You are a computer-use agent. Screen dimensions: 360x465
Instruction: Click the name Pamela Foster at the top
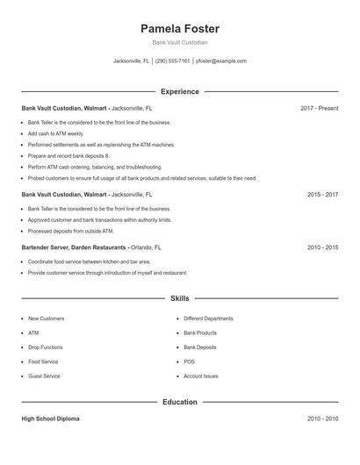[180, 28]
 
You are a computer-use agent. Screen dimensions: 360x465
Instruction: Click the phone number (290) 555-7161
[173, 61]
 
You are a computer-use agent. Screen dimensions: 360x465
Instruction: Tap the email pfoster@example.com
[221, 61]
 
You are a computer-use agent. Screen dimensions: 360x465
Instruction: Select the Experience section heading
[180, 91]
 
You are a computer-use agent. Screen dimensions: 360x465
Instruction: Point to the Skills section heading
[180, 298]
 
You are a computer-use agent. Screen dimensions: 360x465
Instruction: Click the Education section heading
[180, 402]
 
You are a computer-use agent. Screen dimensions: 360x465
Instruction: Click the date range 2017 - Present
[319, 108]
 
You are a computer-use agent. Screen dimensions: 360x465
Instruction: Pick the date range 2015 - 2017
[322, 194]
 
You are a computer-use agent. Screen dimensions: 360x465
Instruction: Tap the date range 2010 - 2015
[322, 247]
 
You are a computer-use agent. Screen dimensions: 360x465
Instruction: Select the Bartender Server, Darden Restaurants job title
[74, 247]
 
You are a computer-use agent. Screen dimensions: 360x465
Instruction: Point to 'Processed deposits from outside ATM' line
[71, 231]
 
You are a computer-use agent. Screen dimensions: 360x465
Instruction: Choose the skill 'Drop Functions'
[46, 347]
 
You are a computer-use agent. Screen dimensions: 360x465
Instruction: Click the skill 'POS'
[189, 361]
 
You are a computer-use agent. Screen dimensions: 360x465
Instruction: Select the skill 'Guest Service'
[44, 376]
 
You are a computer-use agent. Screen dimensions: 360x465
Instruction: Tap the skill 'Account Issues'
[201, 376]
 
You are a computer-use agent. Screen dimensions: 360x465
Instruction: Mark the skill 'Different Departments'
[208, 318]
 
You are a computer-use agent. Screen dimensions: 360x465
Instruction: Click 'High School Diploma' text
[51, 418]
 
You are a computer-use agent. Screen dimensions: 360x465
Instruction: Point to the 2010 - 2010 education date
[322, 418]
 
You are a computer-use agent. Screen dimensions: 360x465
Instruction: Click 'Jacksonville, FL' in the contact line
[132, 61]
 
